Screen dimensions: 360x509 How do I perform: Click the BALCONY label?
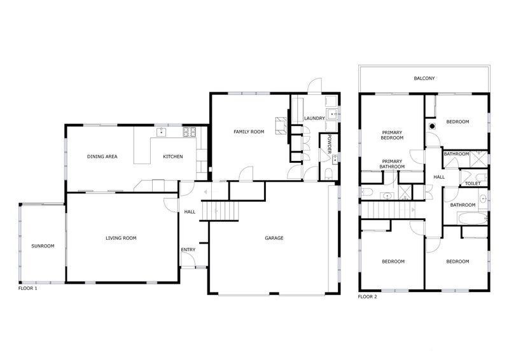pyautogui.click(x=424, y=78)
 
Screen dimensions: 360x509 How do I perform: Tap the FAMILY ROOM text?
pyautogui.click(x=248, y=132)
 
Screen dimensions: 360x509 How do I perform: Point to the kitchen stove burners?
pyautogui.click(x=189, y=132)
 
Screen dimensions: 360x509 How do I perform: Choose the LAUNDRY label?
pyautogui.click(x=314, y=118)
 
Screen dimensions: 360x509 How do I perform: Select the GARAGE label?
pyautogui.click(x=274, y=238)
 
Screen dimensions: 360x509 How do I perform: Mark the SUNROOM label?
pyautogui.click(x=43, y=246)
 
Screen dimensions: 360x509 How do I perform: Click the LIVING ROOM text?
pyautogui.click(x=121, y=238)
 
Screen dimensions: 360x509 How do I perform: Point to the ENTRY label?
pyautogui.click(x=188, y=249)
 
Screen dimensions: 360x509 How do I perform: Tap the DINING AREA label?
pyautogui.click(x=102, y=156)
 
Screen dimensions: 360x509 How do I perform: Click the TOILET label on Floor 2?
pyautogui.click(x=472, y=183)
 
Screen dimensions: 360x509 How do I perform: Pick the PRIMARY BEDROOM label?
pyautogui.click(x=392, y=135)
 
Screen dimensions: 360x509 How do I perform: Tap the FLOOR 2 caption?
pyautogui.click(x=368, y=296)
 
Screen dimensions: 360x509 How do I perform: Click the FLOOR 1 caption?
pyautogui.click(x=27, y=288)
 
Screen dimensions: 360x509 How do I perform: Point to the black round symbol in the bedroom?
pyautogui.click(x=433, y=125)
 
